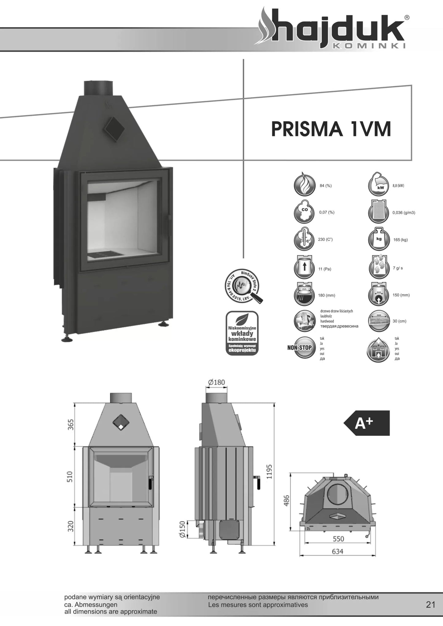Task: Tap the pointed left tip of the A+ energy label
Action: (x=344, y=423)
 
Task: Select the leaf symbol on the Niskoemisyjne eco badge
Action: (x=242, y=320)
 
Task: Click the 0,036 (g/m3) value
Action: (x=404, y=213)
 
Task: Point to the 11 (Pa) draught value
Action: (x=325, y=269)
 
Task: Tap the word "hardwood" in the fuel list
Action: (x=327, y=321)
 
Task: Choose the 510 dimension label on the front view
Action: (x=70, y=477)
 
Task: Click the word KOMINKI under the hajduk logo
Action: (x=369, y=46)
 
